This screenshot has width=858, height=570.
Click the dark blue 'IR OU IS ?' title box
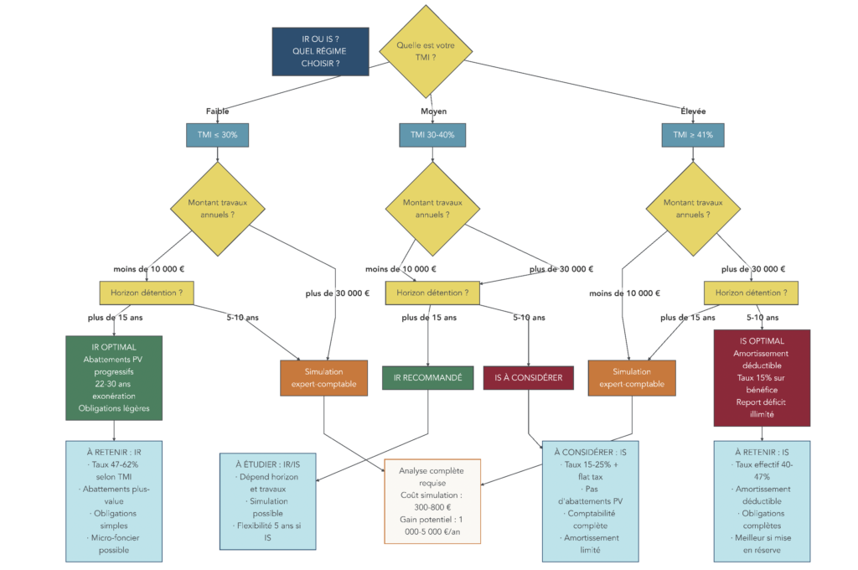pos(320,51)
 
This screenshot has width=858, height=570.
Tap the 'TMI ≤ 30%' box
pos(217,134)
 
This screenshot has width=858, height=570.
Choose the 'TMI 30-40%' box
pos(432,134)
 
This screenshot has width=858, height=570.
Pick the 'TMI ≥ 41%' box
pos(693,134)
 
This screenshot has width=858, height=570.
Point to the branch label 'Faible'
pos(217,111)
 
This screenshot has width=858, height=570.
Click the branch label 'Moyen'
pos(433,111)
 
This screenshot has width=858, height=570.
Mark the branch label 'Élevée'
pos(693,111)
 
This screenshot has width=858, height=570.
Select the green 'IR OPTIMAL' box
pos(114,377)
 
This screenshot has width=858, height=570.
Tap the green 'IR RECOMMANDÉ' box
pos(428,378)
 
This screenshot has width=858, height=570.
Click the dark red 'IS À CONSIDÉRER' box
pos(529,378)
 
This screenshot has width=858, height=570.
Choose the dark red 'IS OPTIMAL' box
pos(762,377)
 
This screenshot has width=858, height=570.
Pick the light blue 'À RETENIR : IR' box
pos(114,500)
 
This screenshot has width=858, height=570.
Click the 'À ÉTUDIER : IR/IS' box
pos(268,501)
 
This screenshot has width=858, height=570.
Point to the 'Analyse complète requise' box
pos(432,501)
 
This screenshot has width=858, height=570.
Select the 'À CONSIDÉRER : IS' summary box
pos(590,501)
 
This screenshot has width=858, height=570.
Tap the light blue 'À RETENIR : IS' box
pos(762,501)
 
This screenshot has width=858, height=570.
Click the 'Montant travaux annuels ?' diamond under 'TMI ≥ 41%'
pos(693,209)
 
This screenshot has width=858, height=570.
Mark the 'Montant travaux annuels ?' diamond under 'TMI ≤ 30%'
pos(217,209)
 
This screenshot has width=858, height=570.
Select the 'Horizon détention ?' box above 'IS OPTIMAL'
pos(751,293)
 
